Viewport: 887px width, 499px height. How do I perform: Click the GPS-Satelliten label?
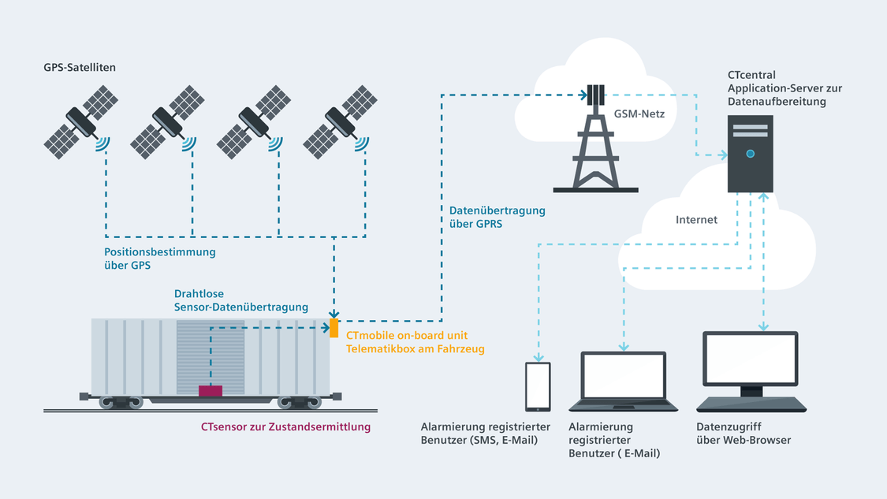point(80,67)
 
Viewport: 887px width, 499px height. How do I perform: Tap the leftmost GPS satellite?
point(80,121)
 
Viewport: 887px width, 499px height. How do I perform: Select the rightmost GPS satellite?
point(339,121)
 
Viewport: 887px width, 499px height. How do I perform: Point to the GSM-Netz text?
point(639,114)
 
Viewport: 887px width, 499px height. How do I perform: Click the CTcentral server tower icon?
point(750,154)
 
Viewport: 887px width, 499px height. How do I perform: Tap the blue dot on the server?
point(750,154)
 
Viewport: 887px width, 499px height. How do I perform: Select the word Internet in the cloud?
point(696,219)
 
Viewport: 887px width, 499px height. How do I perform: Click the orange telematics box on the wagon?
point(334,328)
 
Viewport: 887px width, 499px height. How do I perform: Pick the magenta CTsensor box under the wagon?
point(211,391)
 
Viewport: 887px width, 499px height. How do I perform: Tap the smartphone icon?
point(538,387)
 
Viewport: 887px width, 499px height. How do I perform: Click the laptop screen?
point(624,376)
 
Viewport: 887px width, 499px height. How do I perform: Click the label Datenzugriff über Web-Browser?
point(744,434)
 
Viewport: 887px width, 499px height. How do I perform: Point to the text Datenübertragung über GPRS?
point(498,218)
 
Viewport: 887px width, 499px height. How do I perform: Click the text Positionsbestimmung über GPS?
point(159,259)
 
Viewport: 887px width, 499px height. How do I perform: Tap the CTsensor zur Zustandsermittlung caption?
point(285,426)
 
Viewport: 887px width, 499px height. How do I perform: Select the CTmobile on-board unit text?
point(407,336)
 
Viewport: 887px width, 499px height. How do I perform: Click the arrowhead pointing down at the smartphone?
point(539,358)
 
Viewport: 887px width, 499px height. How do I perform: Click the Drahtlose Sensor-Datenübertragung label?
point(241,300)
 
